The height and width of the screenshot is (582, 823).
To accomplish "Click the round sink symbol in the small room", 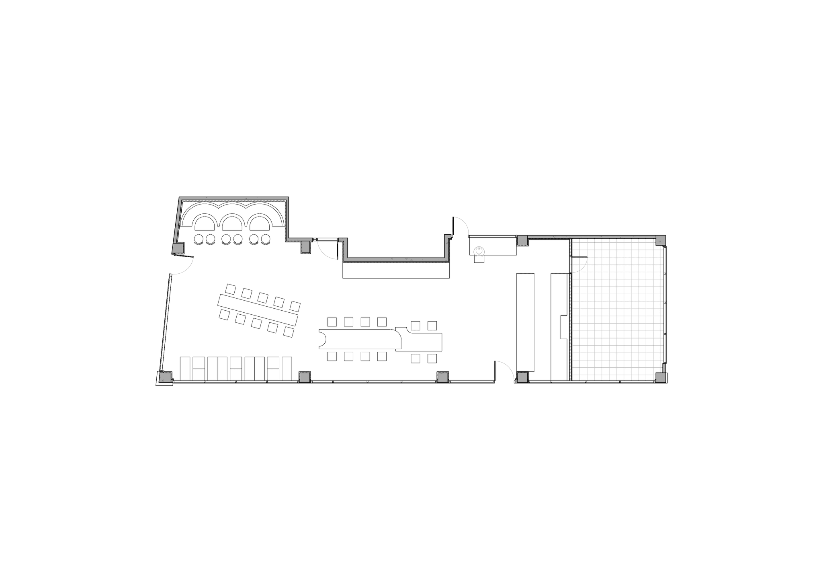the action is point(480,252).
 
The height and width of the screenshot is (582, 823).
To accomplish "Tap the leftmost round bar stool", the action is point(199,240).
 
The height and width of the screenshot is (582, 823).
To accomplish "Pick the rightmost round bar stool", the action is point(265,240).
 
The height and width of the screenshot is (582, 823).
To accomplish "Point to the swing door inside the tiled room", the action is point(581,263).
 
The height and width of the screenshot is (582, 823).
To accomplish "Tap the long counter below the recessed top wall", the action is point(396,270).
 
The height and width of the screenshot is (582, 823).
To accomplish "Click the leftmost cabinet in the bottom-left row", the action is point(185,368).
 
